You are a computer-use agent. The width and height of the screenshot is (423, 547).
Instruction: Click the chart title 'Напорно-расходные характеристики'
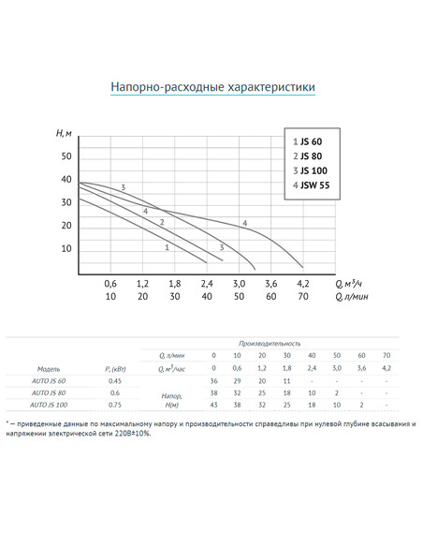pos(213,88)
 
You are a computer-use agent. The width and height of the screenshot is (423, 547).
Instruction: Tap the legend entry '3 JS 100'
pos(315,170)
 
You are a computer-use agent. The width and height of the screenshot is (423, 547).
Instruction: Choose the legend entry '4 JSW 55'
pos(317,185)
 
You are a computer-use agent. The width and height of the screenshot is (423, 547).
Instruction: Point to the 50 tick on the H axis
pos(66,155)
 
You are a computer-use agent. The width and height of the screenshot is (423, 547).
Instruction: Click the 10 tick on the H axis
pos(66,248)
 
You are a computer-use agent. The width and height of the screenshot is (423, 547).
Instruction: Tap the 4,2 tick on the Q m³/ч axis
pos(302,283)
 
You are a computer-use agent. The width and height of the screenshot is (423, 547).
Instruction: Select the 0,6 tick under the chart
pos(110,283)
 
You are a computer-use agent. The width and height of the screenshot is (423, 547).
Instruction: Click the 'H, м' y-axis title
pos(65,137)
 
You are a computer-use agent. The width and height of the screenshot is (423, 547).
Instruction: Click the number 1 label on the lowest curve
pos(166,247)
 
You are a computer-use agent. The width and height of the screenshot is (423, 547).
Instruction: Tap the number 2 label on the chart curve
pos(162,222)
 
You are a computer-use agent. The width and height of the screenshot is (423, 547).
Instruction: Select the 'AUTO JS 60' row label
pos(49,381)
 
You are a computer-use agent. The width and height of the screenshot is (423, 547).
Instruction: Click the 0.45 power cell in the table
pos(116,381)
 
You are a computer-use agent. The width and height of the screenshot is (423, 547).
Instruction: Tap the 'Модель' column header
pos(49,369)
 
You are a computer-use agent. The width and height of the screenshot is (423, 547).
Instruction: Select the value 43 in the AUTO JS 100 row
pos(214,405)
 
